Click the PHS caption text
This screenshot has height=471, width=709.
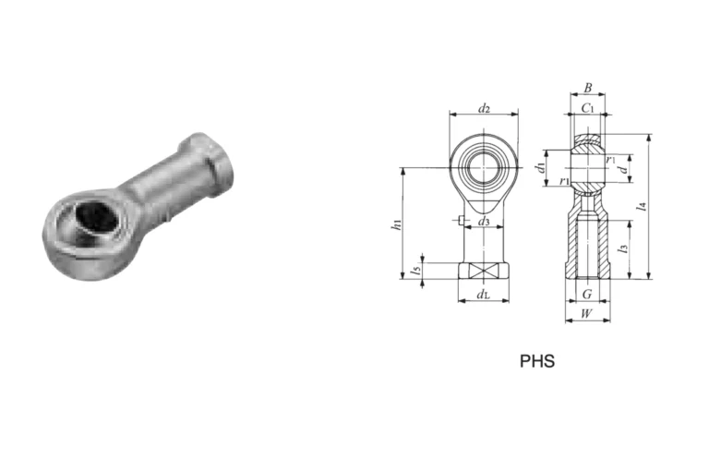tap(537, 361)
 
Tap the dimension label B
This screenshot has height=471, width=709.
tap(588, 88)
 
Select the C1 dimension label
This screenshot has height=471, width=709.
tap(587, 108)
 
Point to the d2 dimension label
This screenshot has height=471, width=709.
tap(484, 109)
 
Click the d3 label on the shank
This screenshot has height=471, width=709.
tap(484, 222)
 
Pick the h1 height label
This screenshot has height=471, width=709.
tap(397, 224)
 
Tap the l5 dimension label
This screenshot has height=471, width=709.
tap(416, 270)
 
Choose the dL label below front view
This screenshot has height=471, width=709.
tap(484, 295)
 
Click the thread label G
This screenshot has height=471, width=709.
tap(587, 295)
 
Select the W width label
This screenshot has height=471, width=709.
tap(586, 314)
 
